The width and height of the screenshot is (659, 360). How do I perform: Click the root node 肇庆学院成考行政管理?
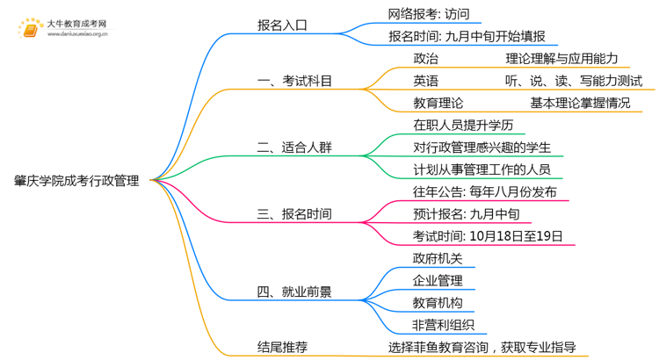click(x=76, y=181)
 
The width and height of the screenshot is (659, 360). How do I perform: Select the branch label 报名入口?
click(x=282, y=25)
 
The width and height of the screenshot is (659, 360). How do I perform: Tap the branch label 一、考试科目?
click(x=294, y=82)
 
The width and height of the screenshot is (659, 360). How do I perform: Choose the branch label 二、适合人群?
click(x=294, y=148)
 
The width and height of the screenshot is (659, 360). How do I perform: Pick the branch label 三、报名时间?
click(x=294, y=213)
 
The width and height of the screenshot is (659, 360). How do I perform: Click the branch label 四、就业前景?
click(x=294, y=292)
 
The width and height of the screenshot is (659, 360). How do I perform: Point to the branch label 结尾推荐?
click(x=282, y=347)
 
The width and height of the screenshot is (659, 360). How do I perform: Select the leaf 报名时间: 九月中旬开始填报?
click(x=467, y=37)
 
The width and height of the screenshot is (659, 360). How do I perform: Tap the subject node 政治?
click(x=425, y=59)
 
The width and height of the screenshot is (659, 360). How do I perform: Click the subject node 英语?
click(x=425, y=81)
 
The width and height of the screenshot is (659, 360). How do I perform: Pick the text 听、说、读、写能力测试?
click(x=574, y=81)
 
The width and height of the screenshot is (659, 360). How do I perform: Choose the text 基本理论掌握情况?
click(x=579, y=103)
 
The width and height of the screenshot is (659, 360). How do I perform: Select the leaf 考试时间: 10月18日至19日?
click(x=488, y=236)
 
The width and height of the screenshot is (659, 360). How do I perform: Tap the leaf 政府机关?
click(x=438, y=258)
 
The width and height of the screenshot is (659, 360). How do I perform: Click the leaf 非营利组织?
click(x=444, y=325)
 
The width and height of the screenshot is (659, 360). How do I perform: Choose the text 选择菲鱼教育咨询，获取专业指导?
click(x=494, y=347)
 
